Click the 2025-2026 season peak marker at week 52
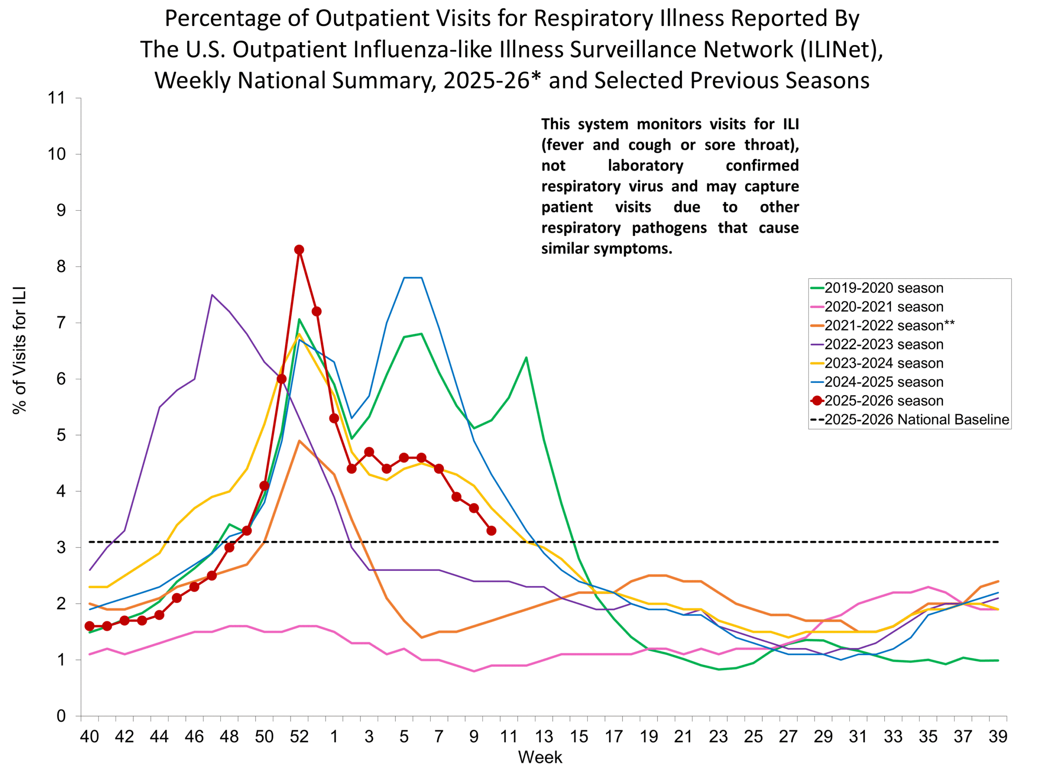click(x=299, y=250)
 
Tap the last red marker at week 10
click(x=491, y=531)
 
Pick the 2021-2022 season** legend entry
click(x=889, y=325)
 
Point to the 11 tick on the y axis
click(x=56, y=98)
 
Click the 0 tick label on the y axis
click(x=61, y=716)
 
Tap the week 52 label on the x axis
click(x=299, y=737)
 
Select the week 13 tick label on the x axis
click(x=543, y=737)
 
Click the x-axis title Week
click(x=540, y=757)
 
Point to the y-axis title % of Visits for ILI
click(x=20, y=350)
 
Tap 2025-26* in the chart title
click(x=492, y=80)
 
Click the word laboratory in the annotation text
click(x=646, y=166)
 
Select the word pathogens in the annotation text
click(x=669, y=228)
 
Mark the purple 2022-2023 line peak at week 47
click(x=212, y=295)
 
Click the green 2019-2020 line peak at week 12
click(x=526, y=358)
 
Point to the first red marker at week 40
click(x=90, y=626)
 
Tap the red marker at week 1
click(x=334, y=418)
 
